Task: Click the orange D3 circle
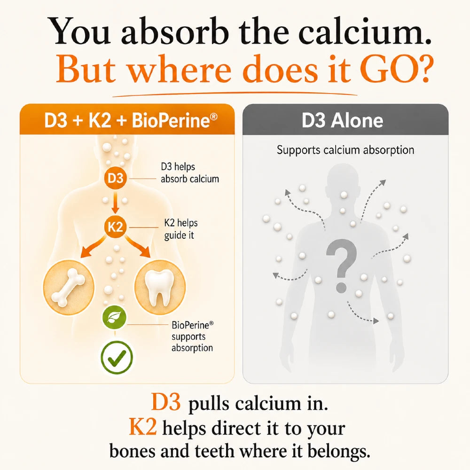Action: (x=116, y=178)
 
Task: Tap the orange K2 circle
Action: (x=116, y=227)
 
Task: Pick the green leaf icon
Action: (x=114, y=317)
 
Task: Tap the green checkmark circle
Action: (x=117, y=357)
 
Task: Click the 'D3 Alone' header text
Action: (x=342, y=120)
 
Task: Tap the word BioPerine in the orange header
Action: (x=174, y=120)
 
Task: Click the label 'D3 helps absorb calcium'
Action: (x=190, y=172)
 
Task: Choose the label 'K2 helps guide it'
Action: (x=181, y=229)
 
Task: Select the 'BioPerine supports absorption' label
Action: (x=192, y=337)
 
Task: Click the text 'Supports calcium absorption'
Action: (x=345, y=149)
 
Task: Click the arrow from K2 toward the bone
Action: (x=93, y=246)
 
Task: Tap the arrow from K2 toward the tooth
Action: (x=138, y=246)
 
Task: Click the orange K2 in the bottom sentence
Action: (x=143, y=427)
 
